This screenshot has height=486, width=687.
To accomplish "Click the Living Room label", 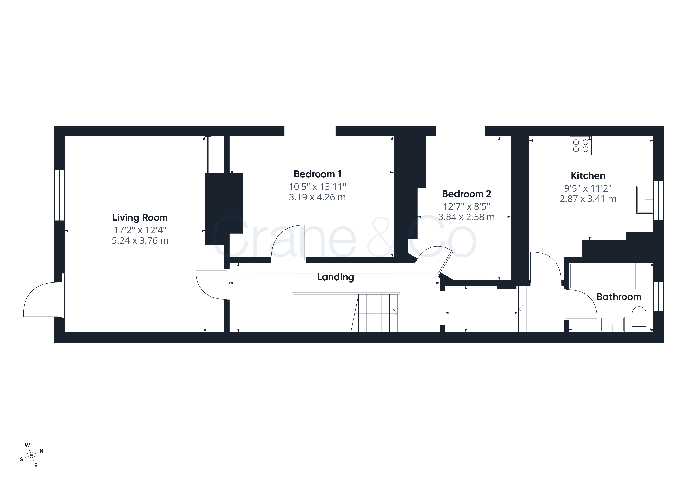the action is tap(140, 217).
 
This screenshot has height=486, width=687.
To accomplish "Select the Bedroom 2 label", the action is tap(467, 194).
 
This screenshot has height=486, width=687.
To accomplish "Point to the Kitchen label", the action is tap(588, 175).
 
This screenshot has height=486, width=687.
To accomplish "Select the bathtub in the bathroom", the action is tap(602, 276).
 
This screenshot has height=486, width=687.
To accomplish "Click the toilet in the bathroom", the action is tap(639, 319).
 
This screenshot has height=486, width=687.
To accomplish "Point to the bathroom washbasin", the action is tap(612, 324).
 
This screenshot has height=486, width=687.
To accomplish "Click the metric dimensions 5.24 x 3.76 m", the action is tap(140, 241).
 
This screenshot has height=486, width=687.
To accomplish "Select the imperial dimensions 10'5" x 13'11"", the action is tap(317, 187).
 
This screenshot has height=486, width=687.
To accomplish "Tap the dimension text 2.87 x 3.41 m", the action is tap(588, 199).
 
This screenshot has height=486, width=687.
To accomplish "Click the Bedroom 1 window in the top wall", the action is tap(310, 131).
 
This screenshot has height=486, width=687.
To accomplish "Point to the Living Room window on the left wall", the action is tap(60, 195).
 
